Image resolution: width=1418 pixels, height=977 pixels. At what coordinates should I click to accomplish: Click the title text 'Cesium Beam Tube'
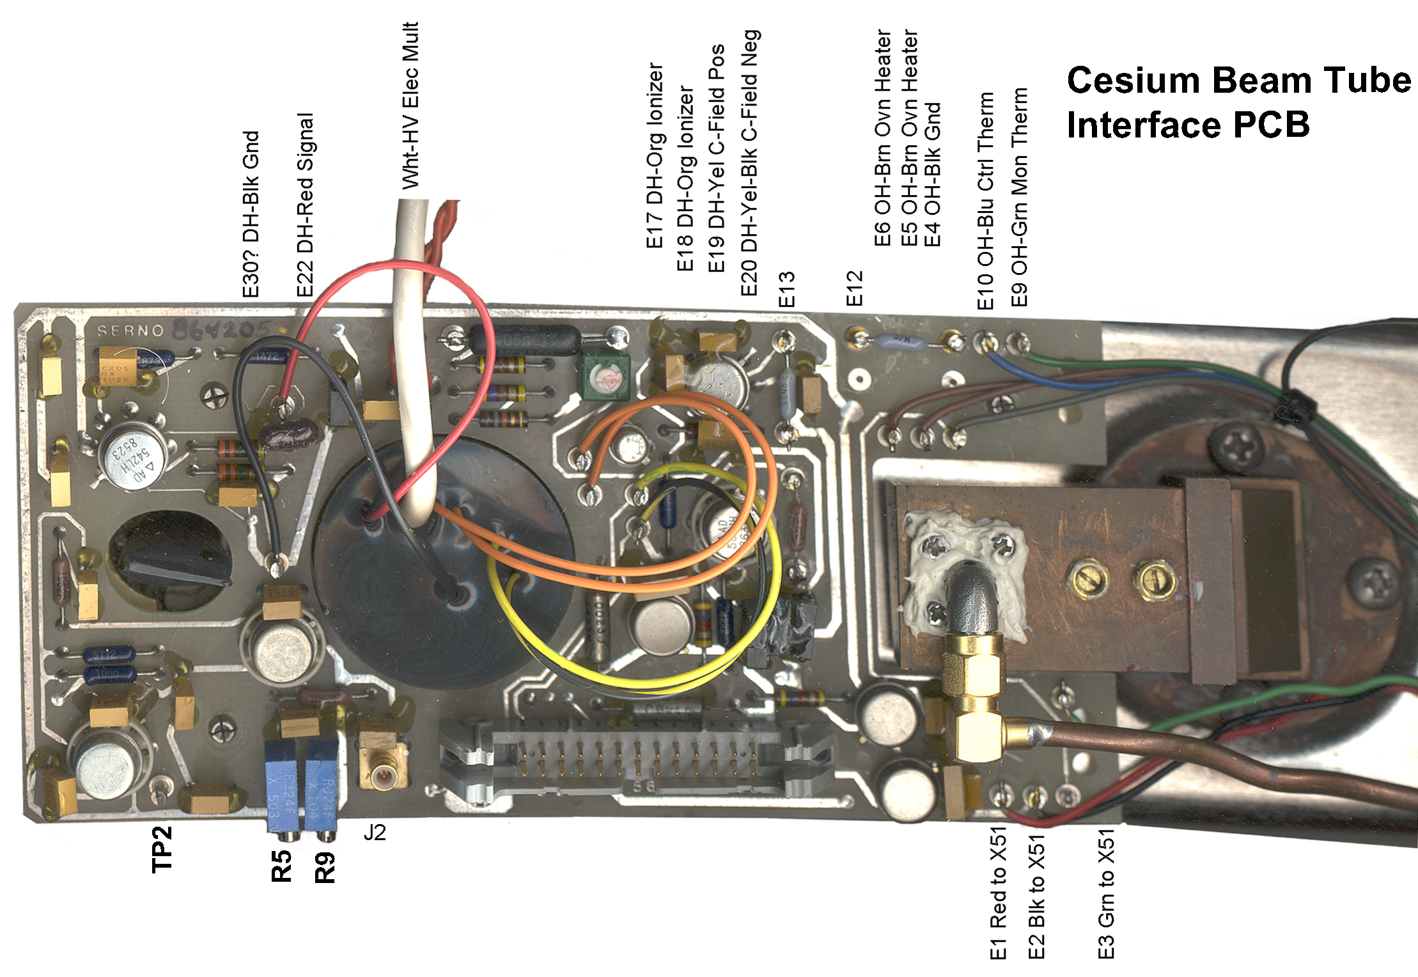point(1238,81)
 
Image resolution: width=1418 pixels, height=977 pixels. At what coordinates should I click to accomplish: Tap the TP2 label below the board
point(162,849)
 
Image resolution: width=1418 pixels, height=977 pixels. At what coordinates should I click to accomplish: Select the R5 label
point(281,866)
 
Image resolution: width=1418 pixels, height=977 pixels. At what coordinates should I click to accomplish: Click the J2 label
point(375,832)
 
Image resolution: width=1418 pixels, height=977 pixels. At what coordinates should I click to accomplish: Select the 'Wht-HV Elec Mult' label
point(410,106)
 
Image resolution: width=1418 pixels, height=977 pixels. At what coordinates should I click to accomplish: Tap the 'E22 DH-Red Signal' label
point(305,205)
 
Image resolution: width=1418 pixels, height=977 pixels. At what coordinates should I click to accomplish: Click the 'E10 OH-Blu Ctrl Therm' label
point(985,201)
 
